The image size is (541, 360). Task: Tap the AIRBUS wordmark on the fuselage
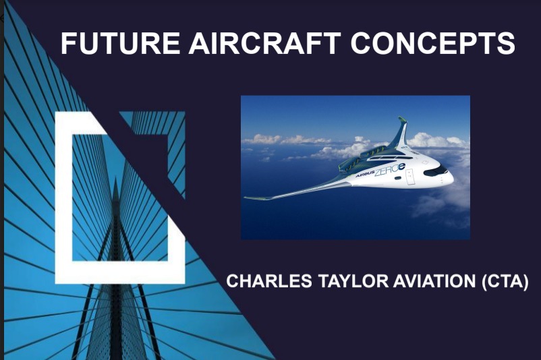366,173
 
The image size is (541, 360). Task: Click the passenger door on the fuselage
411,176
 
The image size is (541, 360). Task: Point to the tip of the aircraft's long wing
247,198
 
